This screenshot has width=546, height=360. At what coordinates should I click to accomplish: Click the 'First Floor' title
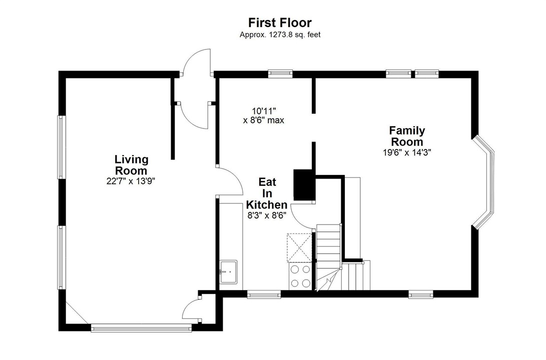click(280, 22)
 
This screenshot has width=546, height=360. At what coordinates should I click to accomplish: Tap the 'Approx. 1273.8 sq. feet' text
click(280, 35)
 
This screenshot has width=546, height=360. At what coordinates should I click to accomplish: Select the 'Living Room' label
click(131, 165)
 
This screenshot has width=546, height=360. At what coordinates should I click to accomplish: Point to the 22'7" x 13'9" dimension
click(131, 181)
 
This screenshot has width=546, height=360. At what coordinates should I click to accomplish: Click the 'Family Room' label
click(407, 136)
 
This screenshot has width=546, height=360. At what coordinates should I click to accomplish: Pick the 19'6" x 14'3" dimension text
click(407, 152)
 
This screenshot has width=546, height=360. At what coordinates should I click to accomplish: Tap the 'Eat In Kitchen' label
click(267, 193)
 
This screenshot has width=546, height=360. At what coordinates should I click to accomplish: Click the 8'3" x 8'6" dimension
click(267, 215)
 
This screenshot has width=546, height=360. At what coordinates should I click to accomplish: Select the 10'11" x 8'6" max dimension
click(264, 115)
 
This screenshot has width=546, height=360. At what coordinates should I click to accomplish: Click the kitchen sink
click(228, 271)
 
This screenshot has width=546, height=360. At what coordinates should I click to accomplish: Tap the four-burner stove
click(300, 276)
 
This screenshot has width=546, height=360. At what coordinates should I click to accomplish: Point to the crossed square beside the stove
click(299, 247)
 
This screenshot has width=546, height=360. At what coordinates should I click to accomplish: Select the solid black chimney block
click(304, 184)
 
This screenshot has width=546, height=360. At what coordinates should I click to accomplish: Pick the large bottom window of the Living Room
click(141, 327)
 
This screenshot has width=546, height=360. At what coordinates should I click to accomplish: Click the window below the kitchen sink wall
click(264, 294)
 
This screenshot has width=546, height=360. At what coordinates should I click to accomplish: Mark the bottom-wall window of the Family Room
click(421, 294)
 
